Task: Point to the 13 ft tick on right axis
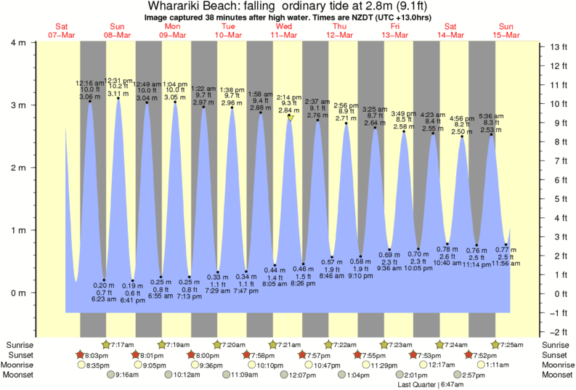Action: tap(557, 47)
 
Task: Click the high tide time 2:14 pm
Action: tap(289, 97)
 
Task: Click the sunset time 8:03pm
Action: tap(97, 354)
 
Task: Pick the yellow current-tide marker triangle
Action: tap(290, 118)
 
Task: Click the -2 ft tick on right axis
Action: tap(557, 331)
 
